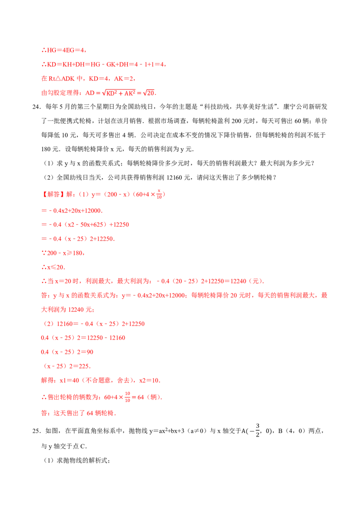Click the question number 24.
pos(36,107)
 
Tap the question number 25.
pos(36,431)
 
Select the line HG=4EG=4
pos(64,50)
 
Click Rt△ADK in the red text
pos(61,79)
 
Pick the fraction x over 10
pos(159,194)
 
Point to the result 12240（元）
pos(247,281)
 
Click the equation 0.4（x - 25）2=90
pos(67,352)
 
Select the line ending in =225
pos(67,366)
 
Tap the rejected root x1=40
pos(69,380)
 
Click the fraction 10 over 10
pos(127,397)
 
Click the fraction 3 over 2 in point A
pos(258,430)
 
